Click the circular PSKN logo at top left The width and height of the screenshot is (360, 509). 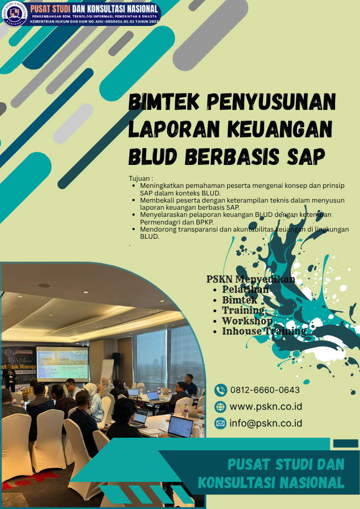[15, 14]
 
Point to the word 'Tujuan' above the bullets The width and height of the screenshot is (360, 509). [141, 179]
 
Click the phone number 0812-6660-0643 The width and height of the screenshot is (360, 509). [265, 390]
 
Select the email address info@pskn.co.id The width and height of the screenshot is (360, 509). [266, 423]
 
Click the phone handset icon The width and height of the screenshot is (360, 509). [220, 390]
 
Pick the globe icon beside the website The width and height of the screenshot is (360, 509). [220, 407]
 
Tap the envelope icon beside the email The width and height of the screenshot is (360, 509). [220, 423]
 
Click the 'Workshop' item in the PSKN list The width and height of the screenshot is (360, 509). [247, 321]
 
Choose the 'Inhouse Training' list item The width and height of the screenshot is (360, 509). [264, 332]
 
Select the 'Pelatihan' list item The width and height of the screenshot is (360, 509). [245, 290]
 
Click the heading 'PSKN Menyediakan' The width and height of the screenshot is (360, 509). [251, 279]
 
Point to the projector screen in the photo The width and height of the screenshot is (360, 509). [62, 363]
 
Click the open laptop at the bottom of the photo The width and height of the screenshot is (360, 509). [180, 427]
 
